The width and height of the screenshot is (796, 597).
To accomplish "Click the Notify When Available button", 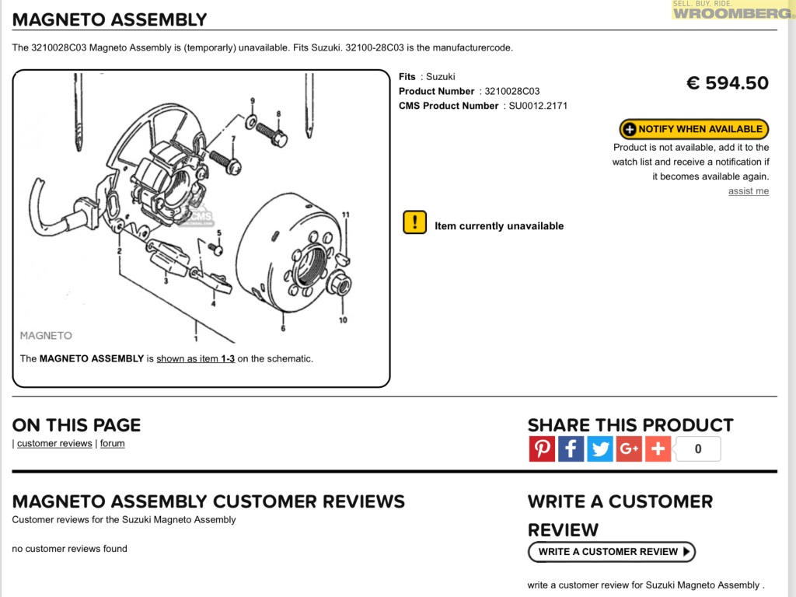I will coord(693,129).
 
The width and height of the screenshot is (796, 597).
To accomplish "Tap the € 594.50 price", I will coord(727,83).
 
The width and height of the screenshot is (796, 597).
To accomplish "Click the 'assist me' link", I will coord(748,191).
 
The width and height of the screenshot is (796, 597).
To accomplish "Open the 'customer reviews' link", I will coord(54,444).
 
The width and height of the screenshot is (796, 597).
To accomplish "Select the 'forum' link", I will coord(112,444).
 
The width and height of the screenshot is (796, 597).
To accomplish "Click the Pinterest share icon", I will coord(542,449).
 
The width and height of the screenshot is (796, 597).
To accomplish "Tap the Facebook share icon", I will coord(571,449).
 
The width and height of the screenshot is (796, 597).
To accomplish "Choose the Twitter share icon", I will coord(599,449).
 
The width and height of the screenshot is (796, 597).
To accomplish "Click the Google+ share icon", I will coord(629,449).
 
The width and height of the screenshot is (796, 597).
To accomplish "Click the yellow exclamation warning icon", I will coord(414,222).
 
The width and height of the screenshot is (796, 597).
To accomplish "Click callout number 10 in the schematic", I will coord(342,319).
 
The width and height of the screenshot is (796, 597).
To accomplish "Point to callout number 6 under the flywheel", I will coord(282,328).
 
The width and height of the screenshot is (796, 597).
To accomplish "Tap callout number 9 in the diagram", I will coord(252,102).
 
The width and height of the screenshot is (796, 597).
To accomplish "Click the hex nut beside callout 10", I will coord(337,284).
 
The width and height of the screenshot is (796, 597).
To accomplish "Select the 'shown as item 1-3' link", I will coord(195,359).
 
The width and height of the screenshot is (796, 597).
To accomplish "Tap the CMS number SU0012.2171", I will coord(538,106).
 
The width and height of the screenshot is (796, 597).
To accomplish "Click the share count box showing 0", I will coord(697,449).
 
